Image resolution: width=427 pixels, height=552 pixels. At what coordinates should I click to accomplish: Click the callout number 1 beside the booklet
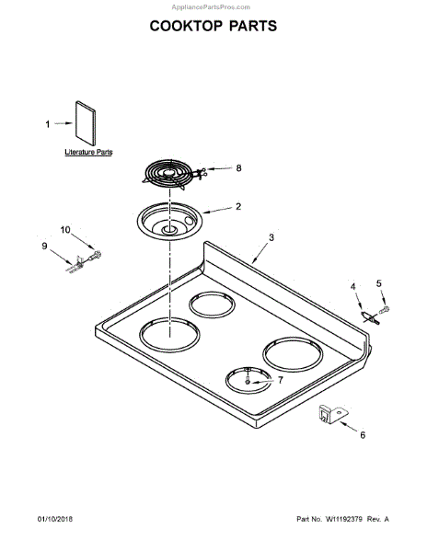tap(48, 124)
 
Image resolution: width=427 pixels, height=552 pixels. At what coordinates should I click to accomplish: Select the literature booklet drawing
tap(86, 123)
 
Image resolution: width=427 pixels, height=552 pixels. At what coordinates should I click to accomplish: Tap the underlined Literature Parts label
tap(88, 152)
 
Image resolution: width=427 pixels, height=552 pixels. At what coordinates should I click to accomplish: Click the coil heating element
tap(170, 175)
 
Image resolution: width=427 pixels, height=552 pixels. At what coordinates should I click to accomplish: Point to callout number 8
tap(238, 168)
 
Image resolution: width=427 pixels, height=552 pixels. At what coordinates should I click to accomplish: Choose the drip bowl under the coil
tap(169, 222)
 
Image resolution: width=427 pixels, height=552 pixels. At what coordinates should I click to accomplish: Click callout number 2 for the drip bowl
tap(238, 206)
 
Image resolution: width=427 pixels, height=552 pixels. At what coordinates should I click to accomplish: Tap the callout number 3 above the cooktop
tap(271, 237)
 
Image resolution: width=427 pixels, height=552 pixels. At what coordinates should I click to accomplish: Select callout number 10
tap(65, 230)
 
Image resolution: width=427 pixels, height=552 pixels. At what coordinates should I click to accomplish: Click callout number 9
tap(44, 246)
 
